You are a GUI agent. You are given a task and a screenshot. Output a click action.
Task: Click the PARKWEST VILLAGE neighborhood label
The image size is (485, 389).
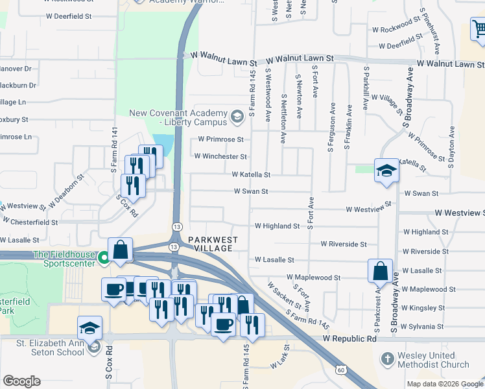(x=213, y=244)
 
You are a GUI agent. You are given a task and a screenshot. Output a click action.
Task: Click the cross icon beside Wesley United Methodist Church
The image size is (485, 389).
(x=386, y=359)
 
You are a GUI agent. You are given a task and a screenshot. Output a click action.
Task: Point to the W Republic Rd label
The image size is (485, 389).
(x=350, y=339)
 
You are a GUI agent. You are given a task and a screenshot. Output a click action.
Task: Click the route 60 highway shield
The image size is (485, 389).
(x=341, y=370)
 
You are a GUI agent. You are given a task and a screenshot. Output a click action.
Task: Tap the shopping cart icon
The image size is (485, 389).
(x=479, y=29)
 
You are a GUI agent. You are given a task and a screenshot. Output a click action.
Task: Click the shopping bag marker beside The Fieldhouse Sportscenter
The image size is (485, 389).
(x=121, y=250)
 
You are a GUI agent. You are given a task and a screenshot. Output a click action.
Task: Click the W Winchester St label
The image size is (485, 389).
(x=220, y=156)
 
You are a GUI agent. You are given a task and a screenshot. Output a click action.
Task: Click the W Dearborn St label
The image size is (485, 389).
(x=66, y=189)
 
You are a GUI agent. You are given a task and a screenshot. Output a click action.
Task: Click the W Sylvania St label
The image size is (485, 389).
(x=422, y=326)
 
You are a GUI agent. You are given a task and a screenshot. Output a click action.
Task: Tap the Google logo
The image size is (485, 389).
(x=21, y=381)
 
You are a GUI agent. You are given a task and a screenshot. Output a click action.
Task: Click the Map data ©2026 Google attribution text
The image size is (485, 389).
(x=444, y=384)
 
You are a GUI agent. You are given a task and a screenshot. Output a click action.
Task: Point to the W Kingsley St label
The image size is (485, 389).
(x=422, y=307)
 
